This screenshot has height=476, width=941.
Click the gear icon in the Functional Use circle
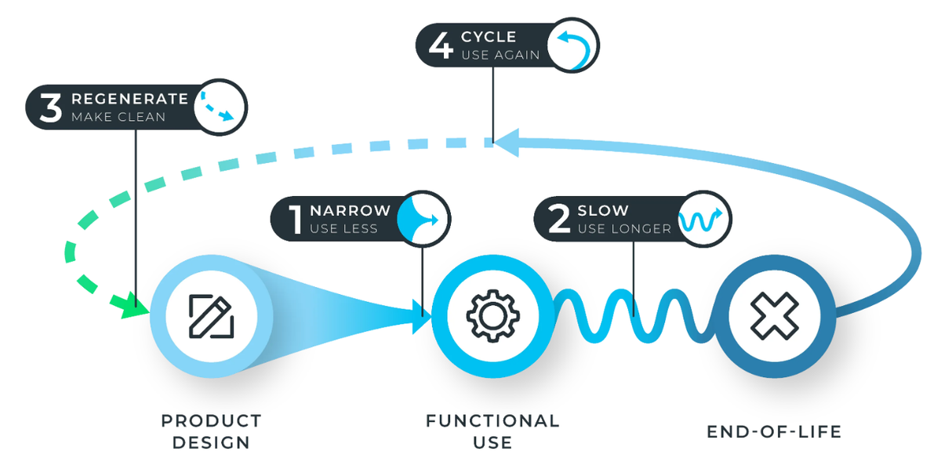tap(492, 315)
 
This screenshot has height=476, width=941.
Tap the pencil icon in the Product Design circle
tap(211, 316)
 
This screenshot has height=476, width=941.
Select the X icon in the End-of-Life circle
tap(775, 316)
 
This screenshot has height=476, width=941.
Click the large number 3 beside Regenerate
tap(51, 107)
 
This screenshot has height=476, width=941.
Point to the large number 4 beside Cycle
tap(441, 45)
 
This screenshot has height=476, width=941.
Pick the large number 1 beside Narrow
tap(296, 220)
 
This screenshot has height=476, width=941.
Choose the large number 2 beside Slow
tap(559, 219)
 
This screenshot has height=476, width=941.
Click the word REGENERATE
tap(130, 99)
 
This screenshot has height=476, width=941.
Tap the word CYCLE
tap(489, 37)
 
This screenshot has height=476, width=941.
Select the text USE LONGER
tap(624, 228)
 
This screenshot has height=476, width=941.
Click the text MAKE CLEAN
tap(118, 117)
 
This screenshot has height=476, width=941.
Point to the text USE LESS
tap(343, 228)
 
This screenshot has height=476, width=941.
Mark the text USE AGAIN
tap(500, 55)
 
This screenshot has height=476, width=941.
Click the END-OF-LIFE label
tap(774, 432)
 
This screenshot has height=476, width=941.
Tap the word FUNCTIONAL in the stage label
tap(492, 421)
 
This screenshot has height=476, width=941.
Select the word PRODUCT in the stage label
tap(211, 421)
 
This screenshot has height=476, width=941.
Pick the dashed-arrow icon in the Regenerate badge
tap(217, 107)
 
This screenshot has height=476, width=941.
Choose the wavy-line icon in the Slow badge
tap(701, 220)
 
